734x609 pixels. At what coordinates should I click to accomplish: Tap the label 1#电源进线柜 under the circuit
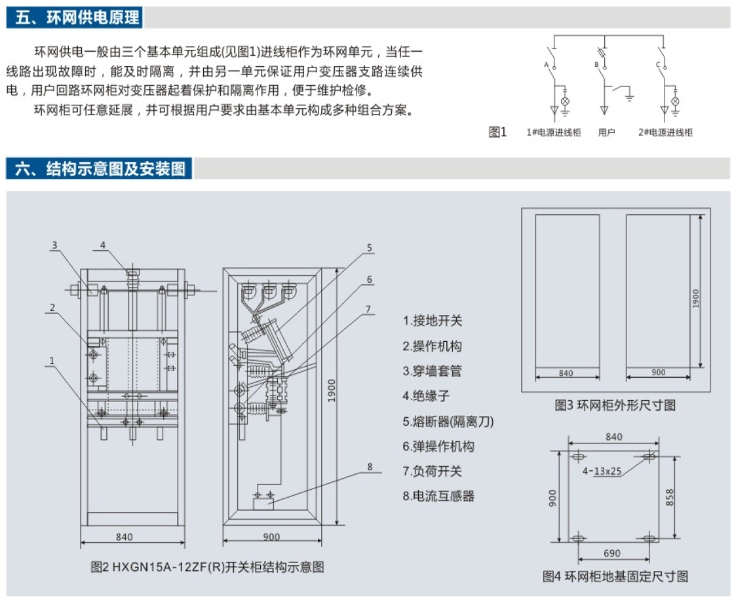click(x=553, y=132)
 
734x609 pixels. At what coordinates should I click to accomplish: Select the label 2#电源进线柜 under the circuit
click(x=665, y=132)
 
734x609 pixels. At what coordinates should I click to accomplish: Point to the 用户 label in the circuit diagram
click(x=606, y=132)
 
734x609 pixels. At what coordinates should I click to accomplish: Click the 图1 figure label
click(x=498, y=132)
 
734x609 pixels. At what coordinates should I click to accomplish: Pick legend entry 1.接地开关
click(x=433, y=321)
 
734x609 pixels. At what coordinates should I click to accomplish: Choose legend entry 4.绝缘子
click(x=426, y=396)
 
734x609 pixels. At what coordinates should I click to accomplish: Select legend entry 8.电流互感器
click(x=438, y=496)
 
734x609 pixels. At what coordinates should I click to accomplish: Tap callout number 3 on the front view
click(x=55, y=246)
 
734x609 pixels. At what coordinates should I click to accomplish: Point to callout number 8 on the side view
click(x=370, y=467)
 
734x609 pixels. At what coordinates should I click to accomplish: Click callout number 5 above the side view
click(x=370, y=248)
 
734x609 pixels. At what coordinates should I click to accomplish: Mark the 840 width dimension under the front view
click(x=124, y=537)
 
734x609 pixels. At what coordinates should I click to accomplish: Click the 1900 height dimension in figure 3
click(x=696, y=298)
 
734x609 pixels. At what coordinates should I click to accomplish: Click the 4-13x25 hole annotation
click(x=602, y=470)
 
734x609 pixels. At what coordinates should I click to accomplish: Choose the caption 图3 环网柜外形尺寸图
click(x=615, y=405)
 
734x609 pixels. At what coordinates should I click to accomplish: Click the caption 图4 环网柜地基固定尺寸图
click(x=615, y=576)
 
